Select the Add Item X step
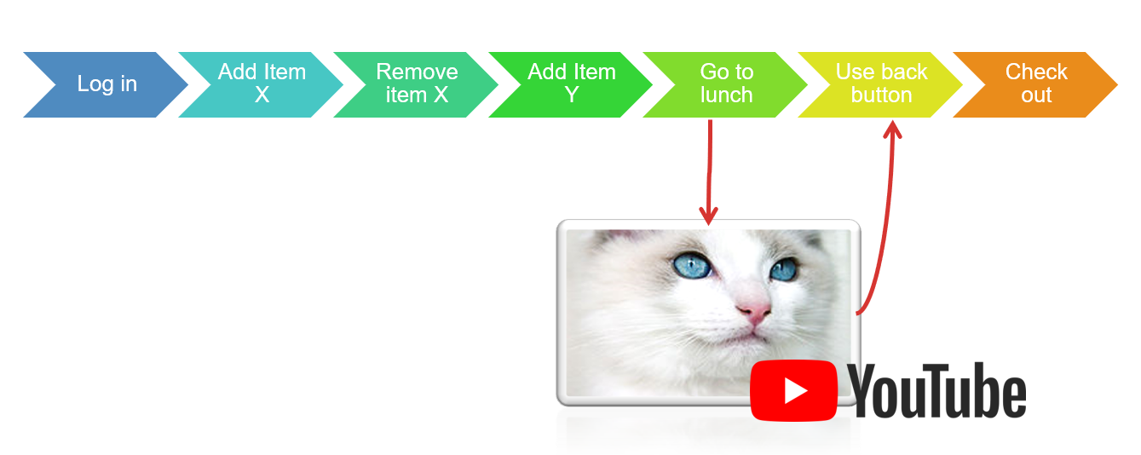[x=262, y=84]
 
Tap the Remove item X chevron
[x=416, y=84]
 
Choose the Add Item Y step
[x=571, y=84]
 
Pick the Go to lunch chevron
[x=726, y=84]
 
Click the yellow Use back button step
[x=881, y=84]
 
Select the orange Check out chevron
[x=1035, y=84]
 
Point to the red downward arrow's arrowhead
[x=708, y=216]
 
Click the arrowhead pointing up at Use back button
[x=892, y=130]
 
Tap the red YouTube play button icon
[x=793, y=391]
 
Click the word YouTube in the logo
[x=936, y=391]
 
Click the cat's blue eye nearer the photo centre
[x=691, y=266]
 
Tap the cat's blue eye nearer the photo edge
[x=783, y=269]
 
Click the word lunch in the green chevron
[x=726, y=95]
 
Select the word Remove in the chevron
[x=418, y=72]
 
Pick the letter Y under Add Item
[x=572, y=95]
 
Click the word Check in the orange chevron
[x=1036, y=72]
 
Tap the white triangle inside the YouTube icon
[x=795, y=391]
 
